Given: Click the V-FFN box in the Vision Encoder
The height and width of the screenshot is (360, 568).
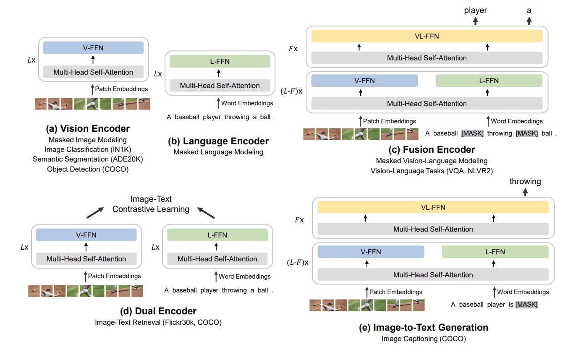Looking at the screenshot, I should click(x=93, y=48).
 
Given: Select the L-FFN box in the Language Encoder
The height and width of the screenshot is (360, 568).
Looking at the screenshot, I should click(x=220, y=62).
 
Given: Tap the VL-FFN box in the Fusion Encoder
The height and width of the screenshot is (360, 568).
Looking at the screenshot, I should click(x=427, y=37).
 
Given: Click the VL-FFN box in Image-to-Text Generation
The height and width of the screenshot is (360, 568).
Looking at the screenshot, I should click(x=433, y=207).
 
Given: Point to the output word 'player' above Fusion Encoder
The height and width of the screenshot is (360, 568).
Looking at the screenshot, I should click(x=475, y=10).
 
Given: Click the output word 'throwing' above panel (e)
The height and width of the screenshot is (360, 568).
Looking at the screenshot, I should click(x=525, y=182).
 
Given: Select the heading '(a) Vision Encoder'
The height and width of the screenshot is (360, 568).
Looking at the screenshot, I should click(x=89, y=128).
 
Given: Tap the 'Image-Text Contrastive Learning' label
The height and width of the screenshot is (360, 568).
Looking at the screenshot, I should click(x=151, y=204).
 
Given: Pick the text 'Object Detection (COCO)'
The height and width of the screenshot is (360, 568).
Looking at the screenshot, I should click(x=88, y=170).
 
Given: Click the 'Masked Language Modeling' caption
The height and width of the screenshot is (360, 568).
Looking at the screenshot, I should click(x=218, y=152).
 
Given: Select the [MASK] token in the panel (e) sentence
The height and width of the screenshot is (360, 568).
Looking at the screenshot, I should click(x=526, y=305).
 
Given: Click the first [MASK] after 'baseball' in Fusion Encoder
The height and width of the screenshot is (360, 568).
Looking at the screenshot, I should click(x=472, y=134).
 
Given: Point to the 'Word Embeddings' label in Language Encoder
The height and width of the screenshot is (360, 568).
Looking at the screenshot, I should click(x=247, y=103).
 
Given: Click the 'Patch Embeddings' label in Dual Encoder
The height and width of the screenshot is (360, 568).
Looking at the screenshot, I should click(x=115, y=276).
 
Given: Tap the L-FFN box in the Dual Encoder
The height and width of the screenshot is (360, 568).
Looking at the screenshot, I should click(x=217, y=235).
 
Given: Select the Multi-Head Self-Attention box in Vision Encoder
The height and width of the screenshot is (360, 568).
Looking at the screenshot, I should click(x=93, y=72).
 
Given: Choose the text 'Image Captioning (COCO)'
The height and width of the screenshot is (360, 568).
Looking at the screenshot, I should click(x=424, y=339).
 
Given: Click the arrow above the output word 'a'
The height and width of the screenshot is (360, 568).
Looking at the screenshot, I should click(x=529, y=21).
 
